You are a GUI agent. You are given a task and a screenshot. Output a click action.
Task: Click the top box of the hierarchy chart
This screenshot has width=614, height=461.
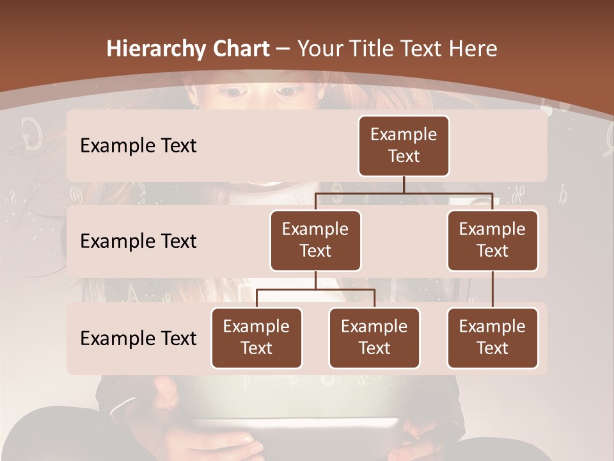click(404, 146)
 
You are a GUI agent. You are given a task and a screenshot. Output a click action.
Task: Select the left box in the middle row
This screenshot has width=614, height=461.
click(315, 241)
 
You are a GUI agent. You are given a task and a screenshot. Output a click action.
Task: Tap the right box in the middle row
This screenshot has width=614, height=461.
click(492, 241)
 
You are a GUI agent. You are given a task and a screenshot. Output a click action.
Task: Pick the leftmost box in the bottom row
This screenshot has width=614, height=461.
click(256, 338)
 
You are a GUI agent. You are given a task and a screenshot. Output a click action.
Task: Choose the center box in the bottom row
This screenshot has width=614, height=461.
click(374, 338)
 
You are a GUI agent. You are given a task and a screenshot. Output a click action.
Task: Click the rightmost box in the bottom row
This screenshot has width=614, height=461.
click(492, 338)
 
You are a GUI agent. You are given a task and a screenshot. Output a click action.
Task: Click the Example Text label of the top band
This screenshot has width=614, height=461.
click(138, 146)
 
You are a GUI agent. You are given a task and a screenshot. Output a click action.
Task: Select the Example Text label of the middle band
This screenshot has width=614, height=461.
click(138, 241)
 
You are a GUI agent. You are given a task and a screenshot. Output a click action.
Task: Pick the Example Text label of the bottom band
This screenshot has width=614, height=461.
click(138, 338)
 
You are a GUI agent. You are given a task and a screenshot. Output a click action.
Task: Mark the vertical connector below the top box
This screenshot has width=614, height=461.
click(404, 184)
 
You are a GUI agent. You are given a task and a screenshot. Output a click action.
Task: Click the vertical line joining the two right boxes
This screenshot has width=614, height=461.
click(492, 289)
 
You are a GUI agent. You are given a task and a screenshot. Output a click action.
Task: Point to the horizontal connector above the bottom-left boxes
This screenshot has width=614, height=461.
click(315, 289)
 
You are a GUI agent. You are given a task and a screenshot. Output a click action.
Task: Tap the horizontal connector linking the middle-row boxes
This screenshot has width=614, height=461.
click(404, 192)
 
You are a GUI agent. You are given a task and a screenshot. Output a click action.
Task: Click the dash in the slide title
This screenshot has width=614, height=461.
click(281, 49)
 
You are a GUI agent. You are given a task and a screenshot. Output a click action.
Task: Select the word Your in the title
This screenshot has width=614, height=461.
click(319, 49)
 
